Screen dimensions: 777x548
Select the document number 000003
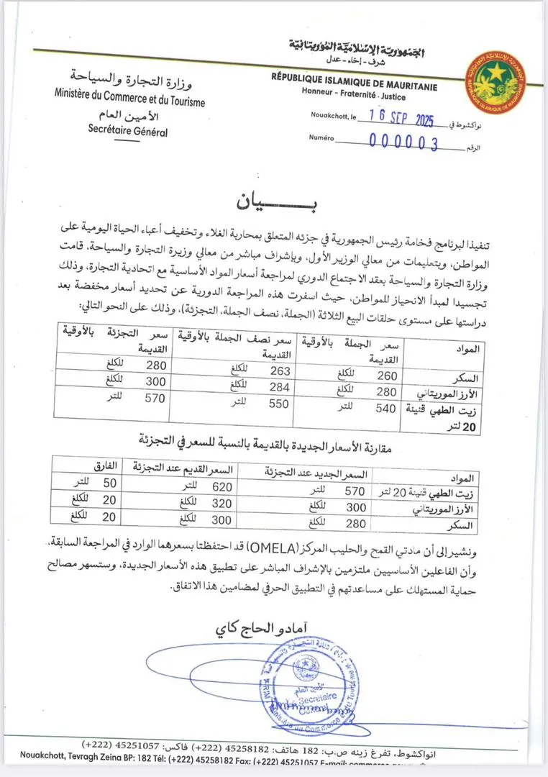(x=403, y=142)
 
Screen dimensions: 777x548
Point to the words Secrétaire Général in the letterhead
(x=127, y=131)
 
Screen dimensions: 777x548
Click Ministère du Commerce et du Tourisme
(x=129, y=96)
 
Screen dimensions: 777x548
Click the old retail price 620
(x=221, y=486)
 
